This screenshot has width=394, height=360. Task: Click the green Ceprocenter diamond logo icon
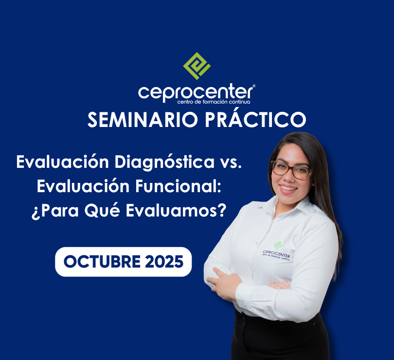pyautogui.click(x=197, y=66)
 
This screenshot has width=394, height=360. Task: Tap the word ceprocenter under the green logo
pyautogui.click(x=195, y=92)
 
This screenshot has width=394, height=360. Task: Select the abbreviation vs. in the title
pyautogui.click(x=228, y=162)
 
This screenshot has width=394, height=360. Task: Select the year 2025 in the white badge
pyautogui.click(x=164, y=262)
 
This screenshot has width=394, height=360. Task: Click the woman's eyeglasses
pyautogui.click(x=291, y=169)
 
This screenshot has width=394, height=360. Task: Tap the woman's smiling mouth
pyautogui.click(x=289, y=188)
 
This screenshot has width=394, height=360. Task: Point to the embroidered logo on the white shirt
pyautogui.click(x=277, y=250)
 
